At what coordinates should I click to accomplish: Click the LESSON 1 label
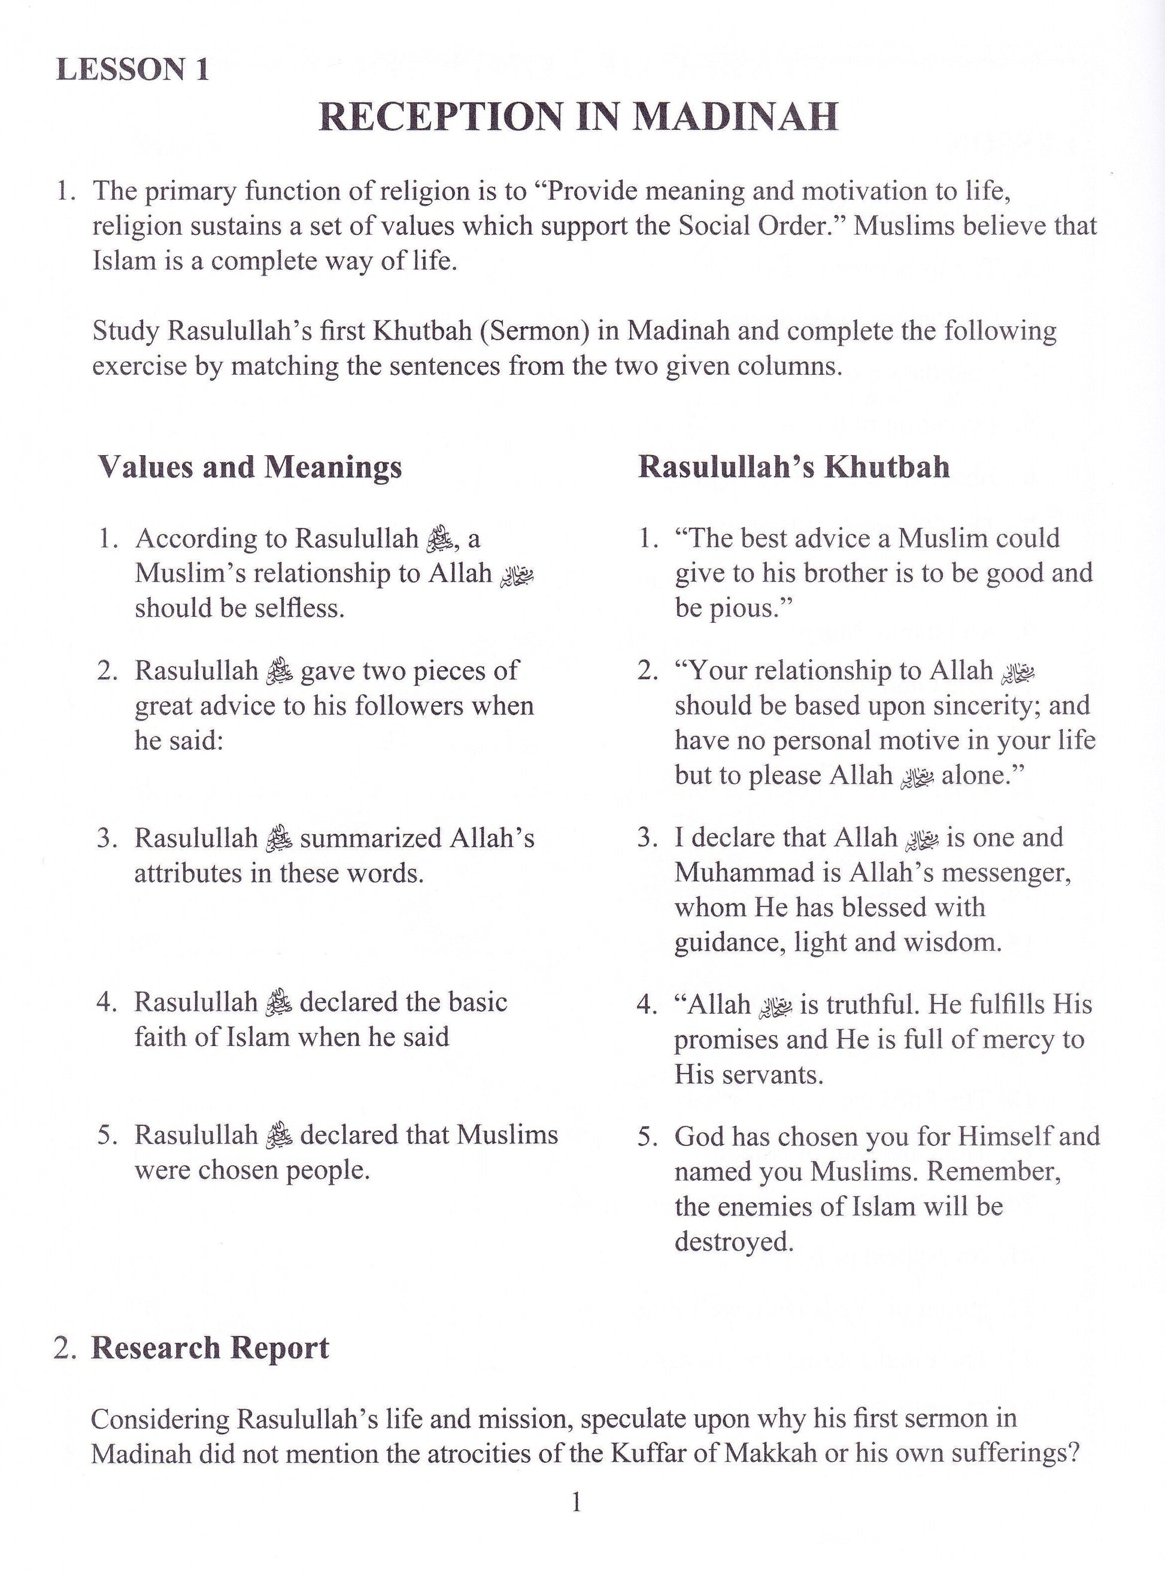tap(132, 70)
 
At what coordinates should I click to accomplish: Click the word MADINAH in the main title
tap(736, 117)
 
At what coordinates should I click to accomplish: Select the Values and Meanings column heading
tap(250, 467)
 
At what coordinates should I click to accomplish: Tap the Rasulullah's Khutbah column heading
tap(793, 467)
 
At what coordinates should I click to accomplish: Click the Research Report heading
tap(210, 1347)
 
